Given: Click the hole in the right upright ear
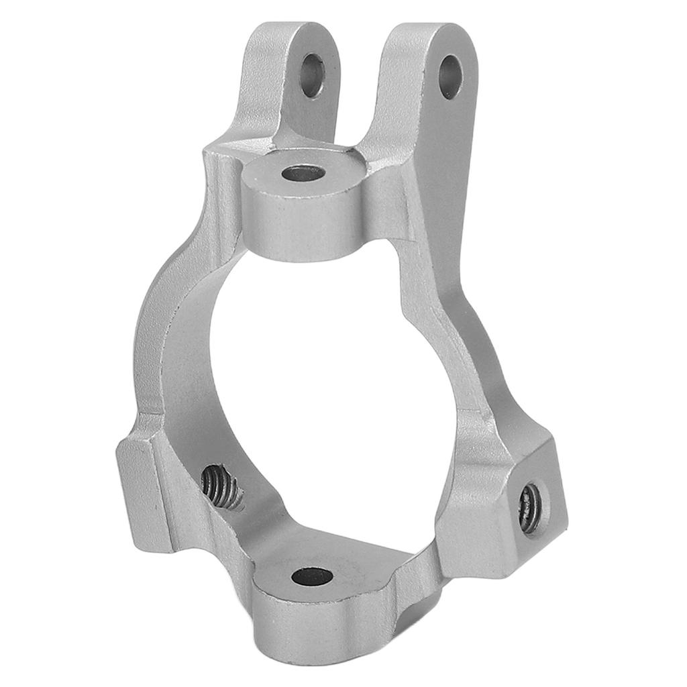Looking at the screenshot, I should [x=450, y=77].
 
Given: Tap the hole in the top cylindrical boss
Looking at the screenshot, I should [x=303, y=174].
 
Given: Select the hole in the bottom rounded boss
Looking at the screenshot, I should [x=313, y=576].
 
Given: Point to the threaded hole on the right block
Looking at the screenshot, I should [x=530, y=508].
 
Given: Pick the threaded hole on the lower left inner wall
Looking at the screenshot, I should [x=222, y=487].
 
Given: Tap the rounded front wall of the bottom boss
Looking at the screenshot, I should [x=315, y=624].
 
